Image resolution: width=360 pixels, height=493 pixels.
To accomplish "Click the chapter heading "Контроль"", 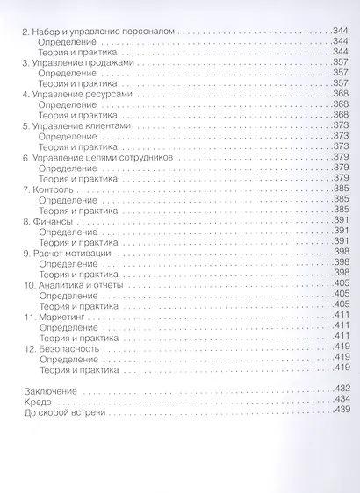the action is point(56,189).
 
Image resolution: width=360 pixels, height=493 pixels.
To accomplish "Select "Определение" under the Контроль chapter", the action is point(68,199).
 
